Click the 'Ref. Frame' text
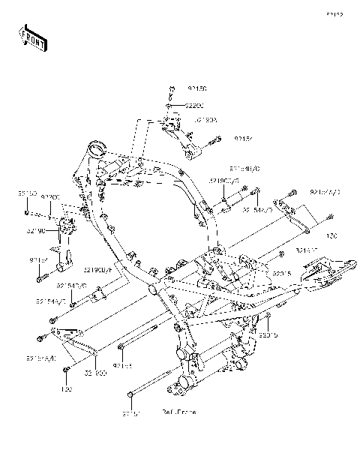coord(178,412)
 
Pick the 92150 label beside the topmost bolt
coord(175,88)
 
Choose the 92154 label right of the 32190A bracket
coord(223,139)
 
